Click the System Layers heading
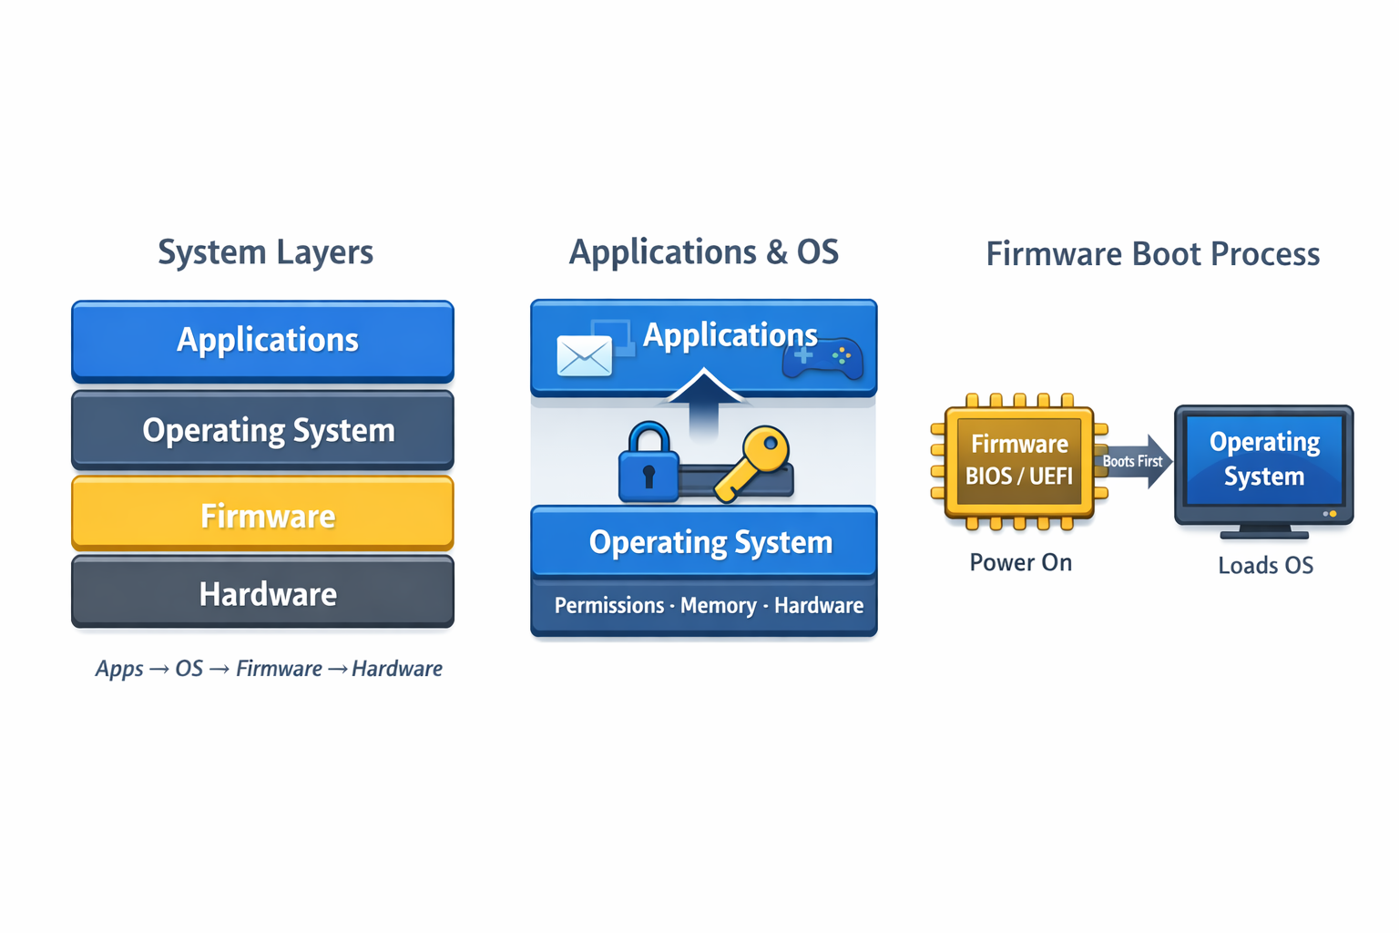tap(265, 252)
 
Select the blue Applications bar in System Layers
tap(262, 340)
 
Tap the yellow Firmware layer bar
tap(262, 515)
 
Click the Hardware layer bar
tap(262, 593)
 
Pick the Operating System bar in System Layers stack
tap(262, 429)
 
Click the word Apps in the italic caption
tap(119, 669)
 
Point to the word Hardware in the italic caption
tap(396, 669)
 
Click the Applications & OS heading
tap(703, 252)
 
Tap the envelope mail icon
tap(584, 355)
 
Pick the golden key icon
tap(754, 461)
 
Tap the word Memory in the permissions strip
tap(718, 606)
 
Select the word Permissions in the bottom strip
tap(608, 606)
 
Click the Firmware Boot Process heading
tap(1152, 254)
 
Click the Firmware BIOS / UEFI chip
tap(1018, 461)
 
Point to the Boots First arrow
tap(1134, 461)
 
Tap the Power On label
tap(1020, 563)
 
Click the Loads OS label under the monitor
tap(1265, 566)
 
